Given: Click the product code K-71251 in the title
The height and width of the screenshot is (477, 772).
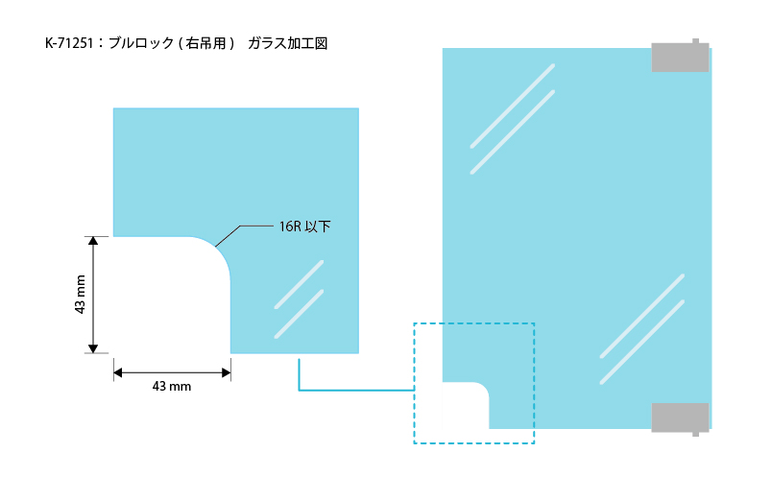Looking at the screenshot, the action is point(69,43).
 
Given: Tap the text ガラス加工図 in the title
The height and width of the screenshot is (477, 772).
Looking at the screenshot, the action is point(287,43).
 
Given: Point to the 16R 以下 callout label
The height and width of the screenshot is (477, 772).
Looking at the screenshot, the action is point(304,227).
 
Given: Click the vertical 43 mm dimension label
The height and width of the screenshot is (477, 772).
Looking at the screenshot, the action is point(81,295).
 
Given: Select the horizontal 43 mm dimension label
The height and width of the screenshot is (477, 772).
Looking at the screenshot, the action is point(172,387).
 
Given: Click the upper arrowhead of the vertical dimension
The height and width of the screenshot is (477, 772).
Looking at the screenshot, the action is point(93,241).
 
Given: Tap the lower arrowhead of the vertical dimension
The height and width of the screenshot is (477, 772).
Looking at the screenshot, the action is point(93,349).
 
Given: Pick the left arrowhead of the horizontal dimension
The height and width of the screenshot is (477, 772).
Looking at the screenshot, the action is point(118,372).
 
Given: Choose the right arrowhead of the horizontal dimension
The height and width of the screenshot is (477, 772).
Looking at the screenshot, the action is point(227,372).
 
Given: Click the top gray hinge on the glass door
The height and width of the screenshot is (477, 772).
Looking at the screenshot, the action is point(681,56).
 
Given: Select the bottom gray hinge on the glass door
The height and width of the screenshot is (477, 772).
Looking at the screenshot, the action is point(681,419).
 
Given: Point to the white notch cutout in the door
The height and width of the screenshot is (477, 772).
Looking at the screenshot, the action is point(466,406).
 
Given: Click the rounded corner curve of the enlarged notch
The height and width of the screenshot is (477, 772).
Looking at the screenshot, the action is point(216,250).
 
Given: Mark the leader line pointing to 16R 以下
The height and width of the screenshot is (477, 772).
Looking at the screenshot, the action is point(244,236).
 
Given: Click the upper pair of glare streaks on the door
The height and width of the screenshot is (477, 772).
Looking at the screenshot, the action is point(513,119).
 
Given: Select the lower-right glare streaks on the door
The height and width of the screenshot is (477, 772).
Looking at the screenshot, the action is point(642,329).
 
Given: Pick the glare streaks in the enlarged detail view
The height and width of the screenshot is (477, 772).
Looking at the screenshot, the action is point(299,299).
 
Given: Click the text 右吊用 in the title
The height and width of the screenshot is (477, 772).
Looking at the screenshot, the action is point(206,43).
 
